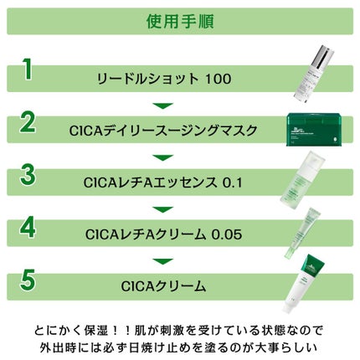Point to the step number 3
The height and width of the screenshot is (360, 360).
point(28,176)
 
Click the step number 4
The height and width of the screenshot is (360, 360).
point(28,228)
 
